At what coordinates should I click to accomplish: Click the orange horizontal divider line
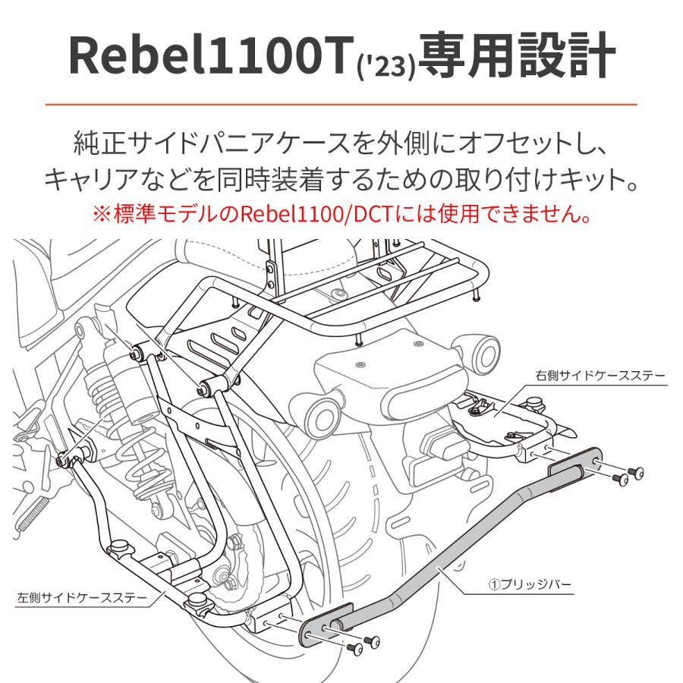click(x=341, y=104)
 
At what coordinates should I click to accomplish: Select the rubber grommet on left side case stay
click(x=118, y=547)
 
